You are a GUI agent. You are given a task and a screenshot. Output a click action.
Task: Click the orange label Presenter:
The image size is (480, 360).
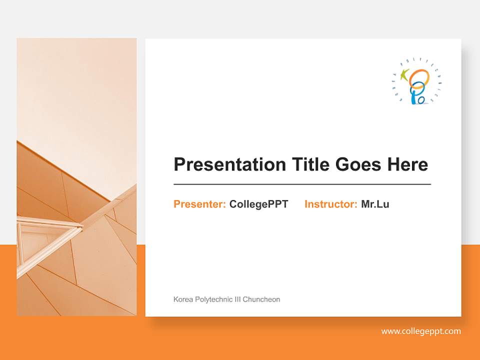click(x=199, y=204)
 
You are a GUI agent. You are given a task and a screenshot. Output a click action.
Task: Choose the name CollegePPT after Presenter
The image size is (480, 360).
click(x=258, y=204)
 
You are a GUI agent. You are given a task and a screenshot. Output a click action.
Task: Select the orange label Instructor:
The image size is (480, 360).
click(x=330, y=204)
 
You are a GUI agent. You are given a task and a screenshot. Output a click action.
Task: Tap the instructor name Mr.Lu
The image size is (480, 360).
click(x=375, y=204)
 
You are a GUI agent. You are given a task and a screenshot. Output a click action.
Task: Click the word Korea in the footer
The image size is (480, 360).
click(x=182, y=299)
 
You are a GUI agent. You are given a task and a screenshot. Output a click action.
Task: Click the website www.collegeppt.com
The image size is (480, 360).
click(x=421, y=331)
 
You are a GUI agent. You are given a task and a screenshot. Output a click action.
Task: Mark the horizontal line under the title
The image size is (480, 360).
click(x=302, y=184)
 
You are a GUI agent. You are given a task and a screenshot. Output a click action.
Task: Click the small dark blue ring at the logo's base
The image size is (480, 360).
click(x=421, y=100)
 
